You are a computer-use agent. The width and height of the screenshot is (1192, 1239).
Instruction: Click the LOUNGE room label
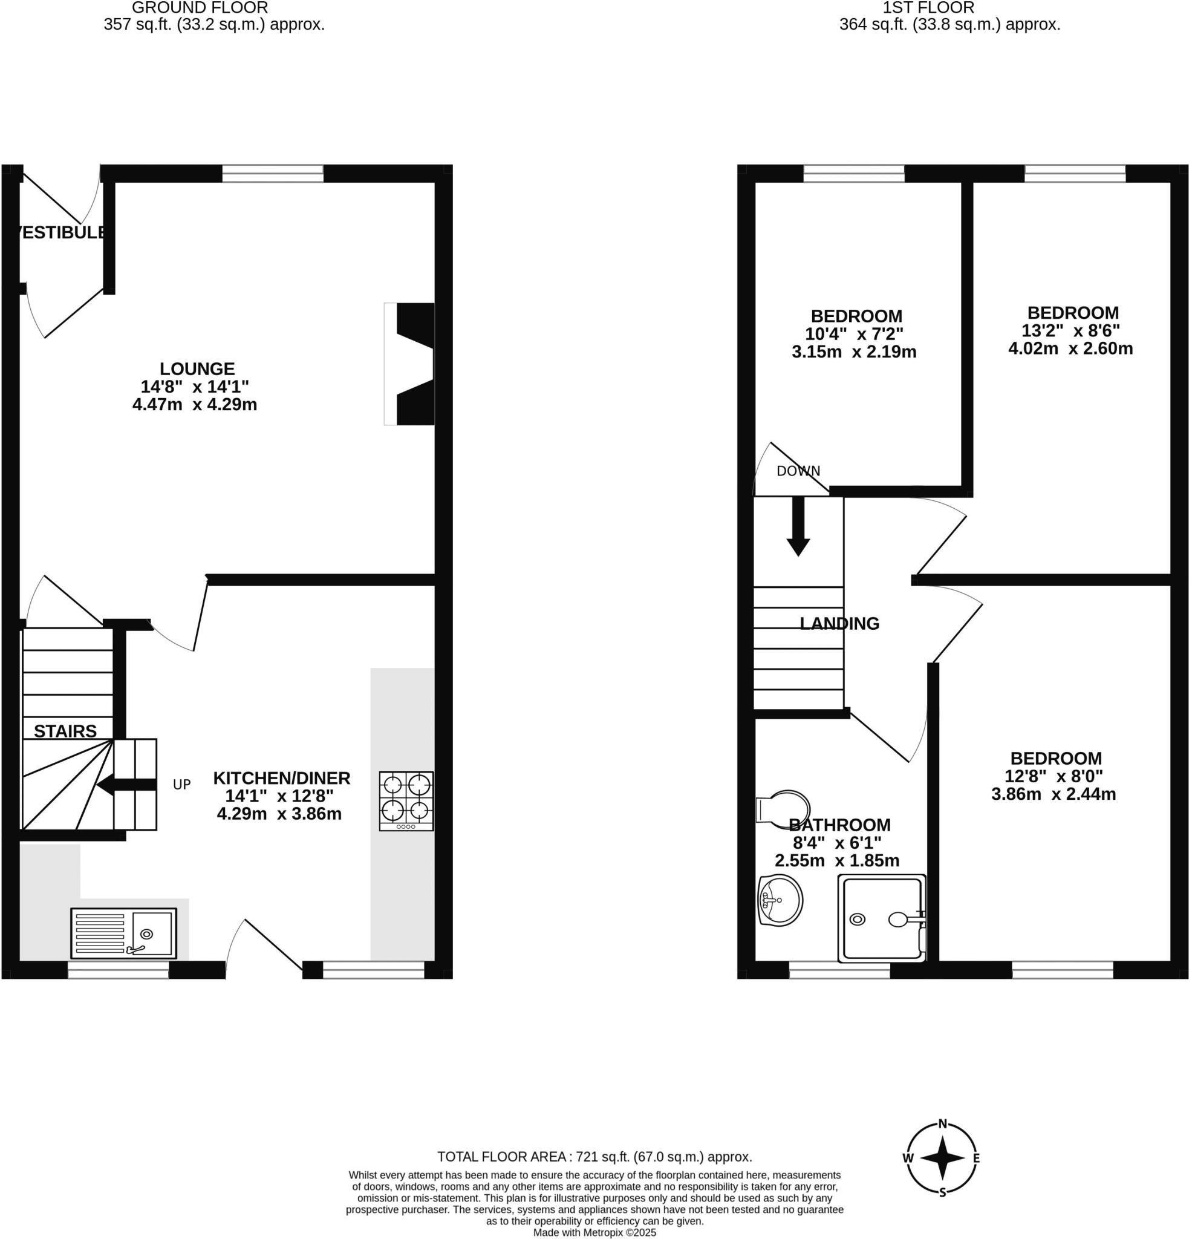pos(197,368)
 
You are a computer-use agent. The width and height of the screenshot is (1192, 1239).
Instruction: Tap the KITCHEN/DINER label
pos(281,778)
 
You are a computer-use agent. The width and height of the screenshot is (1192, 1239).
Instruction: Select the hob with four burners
pos(406,801)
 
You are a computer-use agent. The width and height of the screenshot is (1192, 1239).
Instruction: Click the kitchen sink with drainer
pos(124,933)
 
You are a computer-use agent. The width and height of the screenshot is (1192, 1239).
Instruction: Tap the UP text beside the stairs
pos(181,785)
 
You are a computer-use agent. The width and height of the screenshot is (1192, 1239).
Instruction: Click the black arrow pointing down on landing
pos(798,527)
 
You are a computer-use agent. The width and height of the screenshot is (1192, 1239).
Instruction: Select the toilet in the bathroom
pos(784,808)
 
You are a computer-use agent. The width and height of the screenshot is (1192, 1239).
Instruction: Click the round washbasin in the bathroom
pos(780,900)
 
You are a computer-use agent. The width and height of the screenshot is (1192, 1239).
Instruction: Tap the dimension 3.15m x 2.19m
pos(854,351)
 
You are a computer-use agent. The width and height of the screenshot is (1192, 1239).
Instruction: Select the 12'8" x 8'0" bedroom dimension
pos(1054,776)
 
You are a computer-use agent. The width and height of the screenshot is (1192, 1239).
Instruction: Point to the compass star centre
pos(942,1158)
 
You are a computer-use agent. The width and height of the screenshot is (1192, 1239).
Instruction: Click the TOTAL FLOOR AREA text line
pos(594,1157)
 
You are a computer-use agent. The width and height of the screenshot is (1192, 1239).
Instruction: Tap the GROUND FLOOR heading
pos(200,8)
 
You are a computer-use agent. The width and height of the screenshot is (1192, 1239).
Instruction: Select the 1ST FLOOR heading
pos(928,8)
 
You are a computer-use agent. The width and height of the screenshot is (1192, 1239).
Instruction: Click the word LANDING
pos(839,624)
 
